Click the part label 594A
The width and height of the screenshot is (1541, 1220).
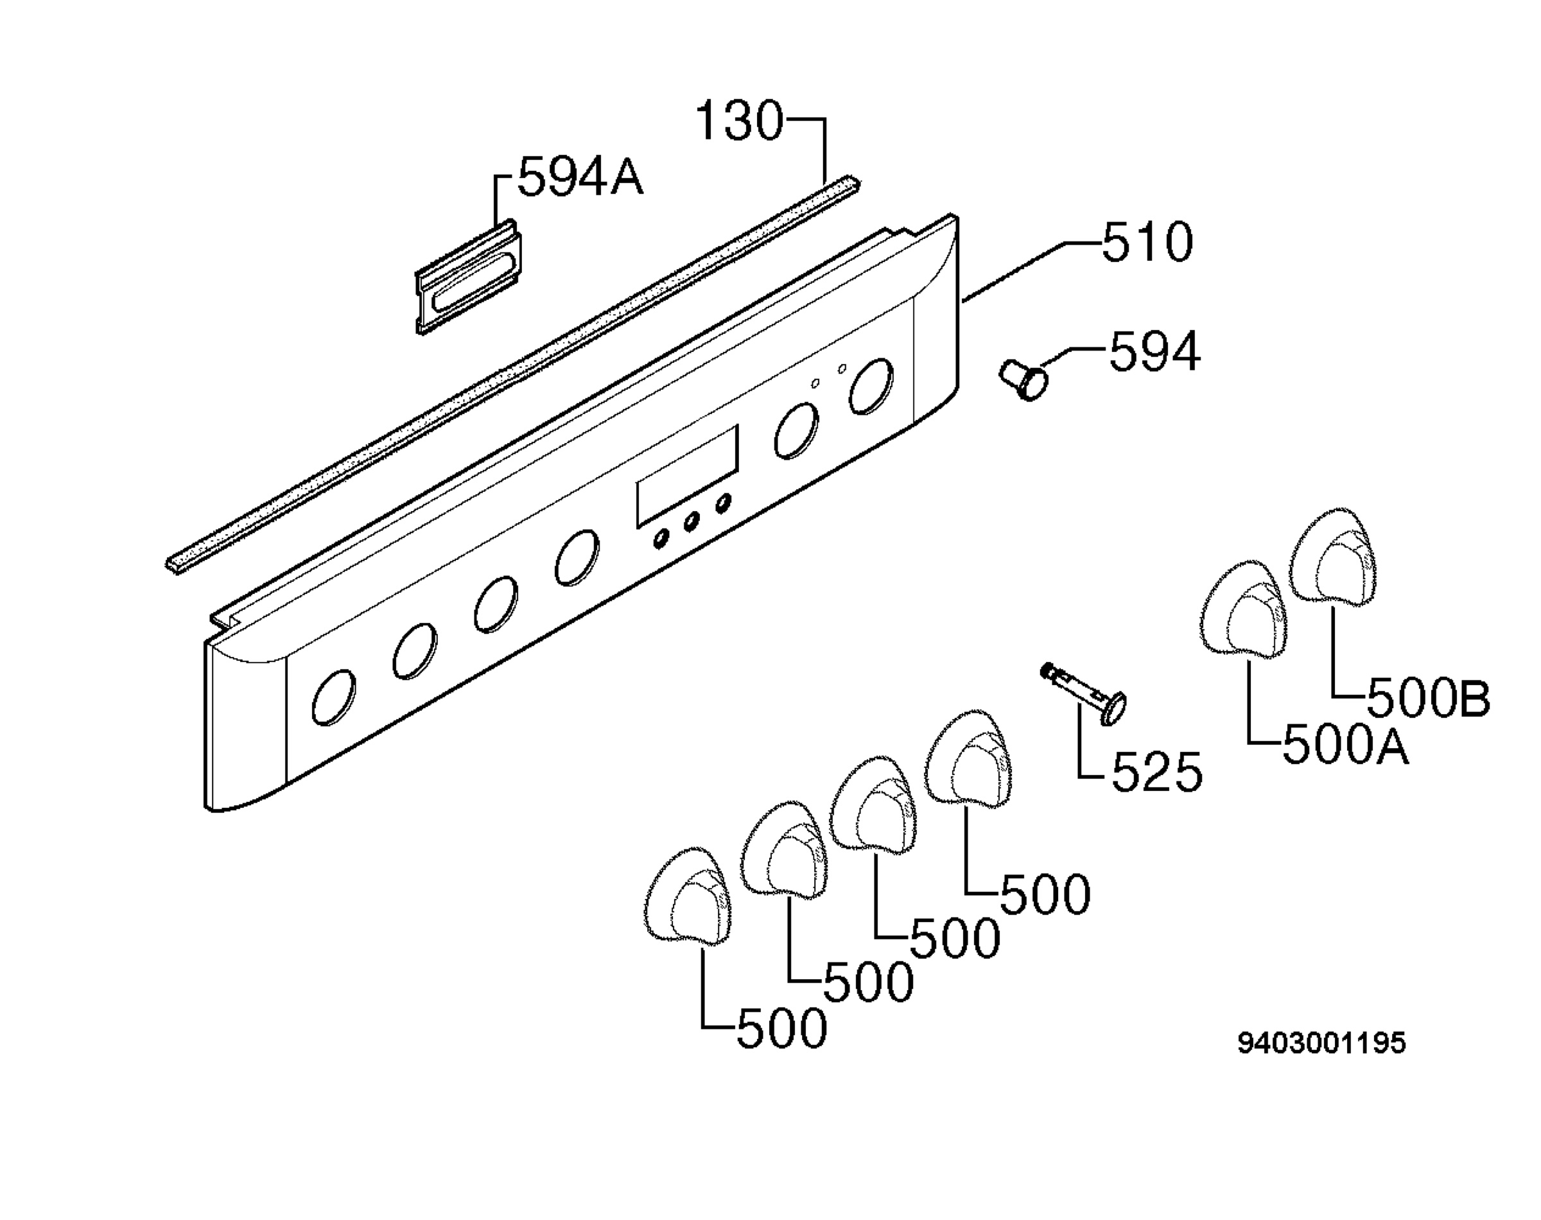(580, 177)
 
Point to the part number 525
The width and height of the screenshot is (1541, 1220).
(1157, 772)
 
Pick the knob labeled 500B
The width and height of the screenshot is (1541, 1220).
(1332, 557)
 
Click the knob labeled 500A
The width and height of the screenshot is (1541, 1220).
(1242, 609)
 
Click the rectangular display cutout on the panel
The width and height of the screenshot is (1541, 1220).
(687, 476)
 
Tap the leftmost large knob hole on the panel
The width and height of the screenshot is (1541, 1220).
(333, 697)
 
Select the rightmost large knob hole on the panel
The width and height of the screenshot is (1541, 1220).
(871, 387)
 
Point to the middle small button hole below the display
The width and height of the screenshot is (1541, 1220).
(692, 523)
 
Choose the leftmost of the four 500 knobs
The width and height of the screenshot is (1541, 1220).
(688, 898)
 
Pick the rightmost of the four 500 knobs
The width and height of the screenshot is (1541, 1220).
(968, 759)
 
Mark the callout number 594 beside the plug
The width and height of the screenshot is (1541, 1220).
(1154, 351)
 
